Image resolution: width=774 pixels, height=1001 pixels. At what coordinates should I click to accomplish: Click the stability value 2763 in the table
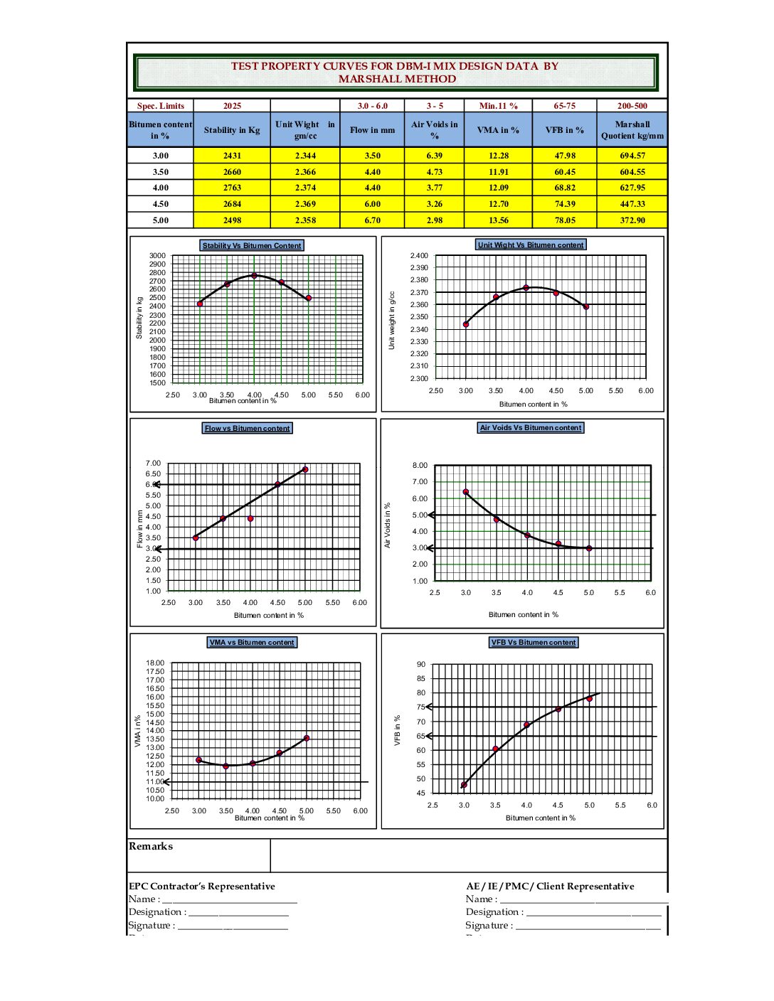coord(232,188)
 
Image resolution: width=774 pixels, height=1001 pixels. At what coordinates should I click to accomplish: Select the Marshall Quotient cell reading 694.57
coord(632,156)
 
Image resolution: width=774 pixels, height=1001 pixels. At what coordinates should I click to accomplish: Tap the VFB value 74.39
coord(565,204)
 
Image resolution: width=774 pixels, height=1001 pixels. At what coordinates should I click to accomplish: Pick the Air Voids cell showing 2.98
coord(434,220)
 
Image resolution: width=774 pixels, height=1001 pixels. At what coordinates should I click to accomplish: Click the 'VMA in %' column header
coord(498,130)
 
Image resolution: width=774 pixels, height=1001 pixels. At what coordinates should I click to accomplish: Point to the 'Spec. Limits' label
coord(161,106)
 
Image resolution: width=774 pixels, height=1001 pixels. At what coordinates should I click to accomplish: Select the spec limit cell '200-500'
coord(632,106)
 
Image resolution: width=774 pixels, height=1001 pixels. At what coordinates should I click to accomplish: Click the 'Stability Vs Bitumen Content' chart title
coord(252,246)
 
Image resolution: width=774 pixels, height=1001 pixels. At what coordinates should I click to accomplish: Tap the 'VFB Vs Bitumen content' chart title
coord(534,643)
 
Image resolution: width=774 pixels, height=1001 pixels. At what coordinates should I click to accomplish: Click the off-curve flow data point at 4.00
coord(250,519)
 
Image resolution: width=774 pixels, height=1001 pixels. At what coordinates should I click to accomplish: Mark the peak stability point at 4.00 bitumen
coord(254,276)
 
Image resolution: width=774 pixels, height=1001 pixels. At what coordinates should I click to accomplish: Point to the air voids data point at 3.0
coord(466,492)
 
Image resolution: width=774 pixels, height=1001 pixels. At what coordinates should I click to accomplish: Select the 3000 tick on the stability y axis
coord(157,256)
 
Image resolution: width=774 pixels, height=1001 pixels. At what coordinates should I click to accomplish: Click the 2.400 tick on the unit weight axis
coord(419,256)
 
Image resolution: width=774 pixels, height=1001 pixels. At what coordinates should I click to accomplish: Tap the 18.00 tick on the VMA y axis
coord(155,663)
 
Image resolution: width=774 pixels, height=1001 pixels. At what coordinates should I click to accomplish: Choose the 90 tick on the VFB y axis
coord(421,665)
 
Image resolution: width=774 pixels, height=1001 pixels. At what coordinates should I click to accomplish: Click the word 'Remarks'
coord(151,846)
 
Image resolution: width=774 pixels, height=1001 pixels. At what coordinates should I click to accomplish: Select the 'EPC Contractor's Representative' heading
coord(201,887)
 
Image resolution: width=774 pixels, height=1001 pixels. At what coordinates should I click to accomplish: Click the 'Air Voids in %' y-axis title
coord(388,525)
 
